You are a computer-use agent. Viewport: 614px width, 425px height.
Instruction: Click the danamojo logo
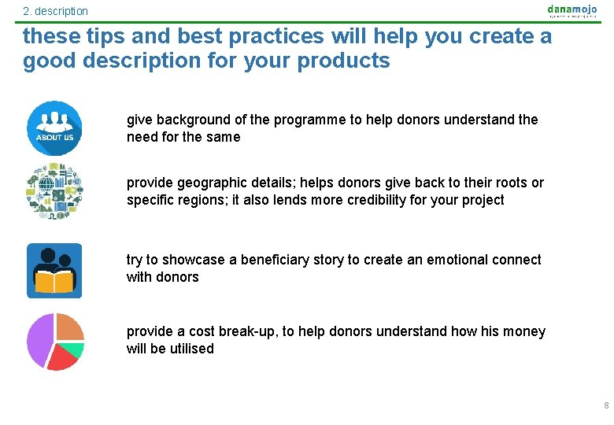572,10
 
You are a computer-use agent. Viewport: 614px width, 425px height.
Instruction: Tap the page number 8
605,405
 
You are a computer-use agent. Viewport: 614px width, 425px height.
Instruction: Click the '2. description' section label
55,11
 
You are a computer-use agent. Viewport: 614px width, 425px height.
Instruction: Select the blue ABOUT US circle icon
54,128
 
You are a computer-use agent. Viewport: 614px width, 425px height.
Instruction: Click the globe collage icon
54,191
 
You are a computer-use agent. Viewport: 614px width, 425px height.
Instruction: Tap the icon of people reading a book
54,270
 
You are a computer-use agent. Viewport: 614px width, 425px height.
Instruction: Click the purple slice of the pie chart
39,339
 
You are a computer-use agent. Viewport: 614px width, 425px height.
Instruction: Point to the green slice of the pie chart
74,349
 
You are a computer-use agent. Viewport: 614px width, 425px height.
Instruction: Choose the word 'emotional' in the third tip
455,260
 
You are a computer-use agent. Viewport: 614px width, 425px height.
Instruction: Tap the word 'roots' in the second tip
510,183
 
